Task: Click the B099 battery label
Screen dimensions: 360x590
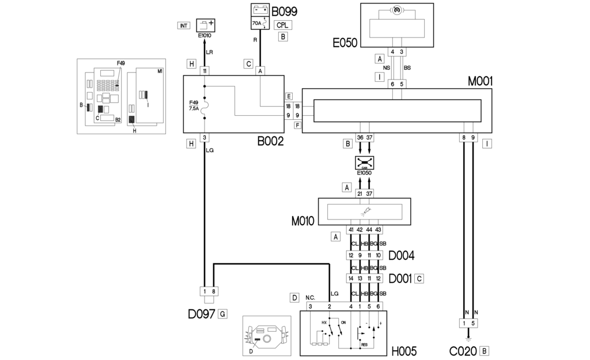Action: coord(284,10)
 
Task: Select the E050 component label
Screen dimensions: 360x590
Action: coord(345,43)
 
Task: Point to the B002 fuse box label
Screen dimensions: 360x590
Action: coord(270,141)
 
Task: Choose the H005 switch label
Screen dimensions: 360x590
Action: coord(405,350)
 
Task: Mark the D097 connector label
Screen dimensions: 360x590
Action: coord(202,314)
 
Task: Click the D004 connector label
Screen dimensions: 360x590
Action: coord(401,255)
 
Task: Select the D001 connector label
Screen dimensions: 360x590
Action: coord(400,278)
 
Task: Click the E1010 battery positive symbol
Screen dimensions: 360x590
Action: coord(206,25)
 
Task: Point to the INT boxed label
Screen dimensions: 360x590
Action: coord(184,26)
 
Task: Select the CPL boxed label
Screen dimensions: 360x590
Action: coord(282,25)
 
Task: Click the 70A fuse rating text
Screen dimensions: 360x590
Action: coord(257,24)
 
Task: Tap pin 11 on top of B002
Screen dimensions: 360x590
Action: coord(205,71)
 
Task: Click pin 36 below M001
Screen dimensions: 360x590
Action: coord(360,138)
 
